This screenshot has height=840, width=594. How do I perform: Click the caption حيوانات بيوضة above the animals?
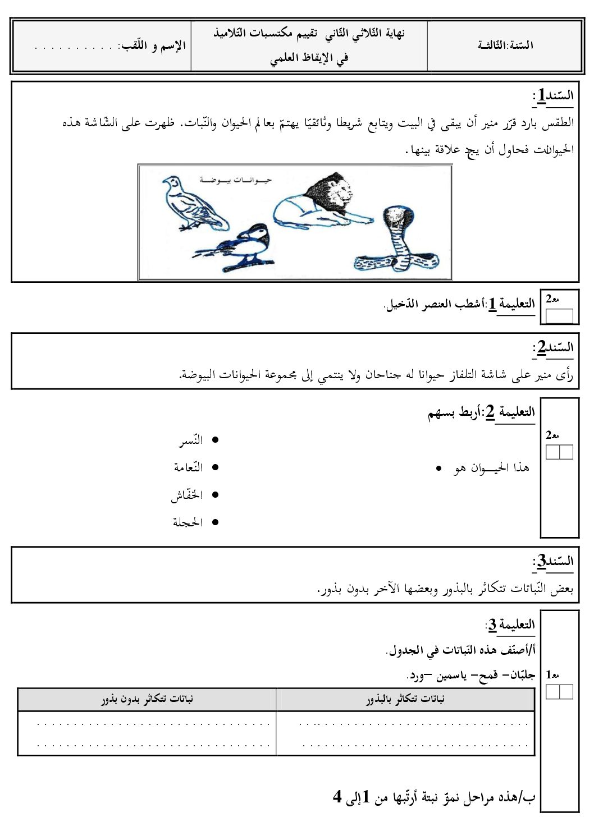(x=235, y=180)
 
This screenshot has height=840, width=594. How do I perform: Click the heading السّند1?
(x=553, y=96)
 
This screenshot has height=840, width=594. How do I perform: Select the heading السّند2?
(x=553, y=348)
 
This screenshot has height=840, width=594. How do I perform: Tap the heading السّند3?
(x=553, y=561)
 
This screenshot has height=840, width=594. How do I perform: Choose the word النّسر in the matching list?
(x=191, y=440)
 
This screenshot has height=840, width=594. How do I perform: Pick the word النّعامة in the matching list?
(x=188, y=467)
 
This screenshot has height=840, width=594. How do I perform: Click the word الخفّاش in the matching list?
(x=187, y=495)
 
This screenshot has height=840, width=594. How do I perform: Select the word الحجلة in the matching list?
(x=188, y=522)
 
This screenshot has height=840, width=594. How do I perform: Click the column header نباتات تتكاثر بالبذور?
(x=405, y=699)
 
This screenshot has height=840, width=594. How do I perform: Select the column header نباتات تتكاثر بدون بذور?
(x=147, y=699)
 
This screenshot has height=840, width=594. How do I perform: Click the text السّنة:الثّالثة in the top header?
(x=505, y=45)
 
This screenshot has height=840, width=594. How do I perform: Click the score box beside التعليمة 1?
(x=559, y=316)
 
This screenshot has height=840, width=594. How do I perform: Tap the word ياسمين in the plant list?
(x=451, y=675)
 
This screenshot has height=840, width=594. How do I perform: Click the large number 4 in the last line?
(x=337, y=796)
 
